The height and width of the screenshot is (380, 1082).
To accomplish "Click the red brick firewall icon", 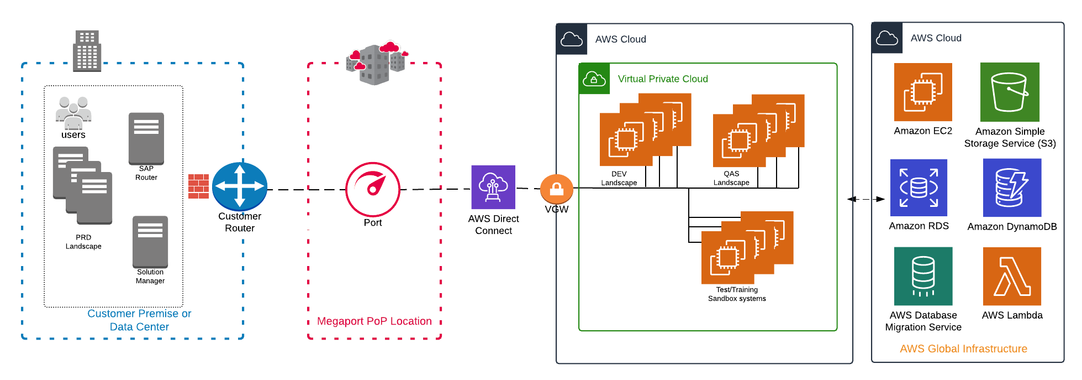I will pyautogui.click(x=198, y=186).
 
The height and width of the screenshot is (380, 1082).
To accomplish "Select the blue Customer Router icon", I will pyautogui.click(x=239, y=186).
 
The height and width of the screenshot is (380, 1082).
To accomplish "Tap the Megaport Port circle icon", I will pyautogui.click(x=373, y=189).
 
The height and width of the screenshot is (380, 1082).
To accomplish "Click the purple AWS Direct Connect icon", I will pyautogui.click(x=493, y=187).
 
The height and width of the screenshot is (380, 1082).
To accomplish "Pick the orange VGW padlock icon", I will pyautogui.click(x=556, y=189).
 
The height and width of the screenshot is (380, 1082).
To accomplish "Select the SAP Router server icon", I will pyautogui.click(x=146, y=139).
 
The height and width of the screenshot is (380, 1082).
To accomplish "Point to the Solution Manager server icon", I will pyautogui.click(x=150, y=242).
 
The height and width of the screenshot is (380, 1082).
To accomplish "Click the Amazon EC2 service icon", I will pyautogui.click(x=923, y=92).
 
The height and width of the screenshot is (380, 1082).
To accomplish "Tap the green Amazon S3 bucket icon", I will pyautogui.click(x=1010, y=92).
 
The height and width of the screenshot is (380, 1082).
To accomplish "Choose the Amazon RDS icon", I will pyautogui.click(x=919, y=188).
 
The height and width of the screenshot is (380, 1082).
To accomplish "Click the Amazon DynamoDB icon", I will pyautogui.click(x=1012, y=188).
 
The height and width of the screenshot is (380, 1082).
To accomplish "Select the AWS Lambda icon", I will pyautogui.click(x=1012, y=276).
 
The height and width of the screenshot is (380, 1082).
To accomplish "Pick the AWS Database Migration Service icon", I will pyautogui.click(x=923, y=276).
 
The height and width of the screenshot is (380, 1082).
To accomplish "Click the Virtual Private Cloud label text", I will pyautogui.click(x=663, y=79).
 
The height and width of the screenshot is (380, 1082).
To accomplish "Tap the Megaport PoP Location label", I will pyautogui.click(x=374, y=321).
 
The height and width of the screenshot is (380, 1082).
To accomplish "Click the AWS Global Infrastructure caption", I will pyautogui.click(x=963, y=349).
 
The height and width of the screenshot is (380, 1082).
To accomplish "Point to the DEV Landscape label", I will pyautogui.click(x=619, y=178).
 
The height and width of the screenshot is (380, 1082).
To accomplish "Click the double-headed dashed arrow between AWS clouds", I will pyautogui.click(x=865, y=199).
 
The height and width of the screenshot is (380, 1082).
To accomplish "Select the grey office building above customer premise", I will pyautogui.click(x=87, y=51).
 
